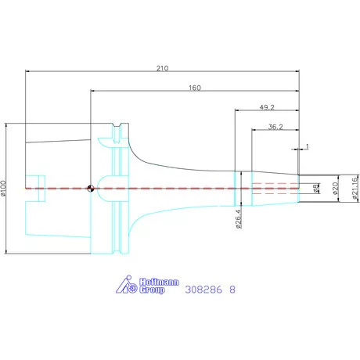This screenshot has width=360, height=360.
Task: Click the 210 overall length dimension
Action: (x=162, y=68)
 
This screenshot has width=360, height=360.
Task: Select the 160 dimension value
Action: (x=195, y=88)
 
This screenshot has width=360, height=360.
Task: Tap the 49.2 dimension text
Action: (x=267, y=107)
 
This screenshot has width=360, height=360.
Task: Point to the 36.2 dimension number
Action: (x=275, y=127)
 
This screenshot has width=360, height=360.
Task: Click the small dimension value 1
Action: (x=307, y=146)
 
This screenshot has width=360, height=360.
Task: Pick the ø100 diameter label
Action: (x=3, y=188)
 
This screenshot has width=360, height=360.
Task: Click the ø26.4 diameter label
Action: (x=239, y=219)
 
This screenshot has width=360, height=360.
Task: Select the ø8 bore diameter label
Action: (x=316, y=189)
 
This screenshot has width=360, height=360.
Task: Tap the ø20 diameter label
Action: (x=336, y=189)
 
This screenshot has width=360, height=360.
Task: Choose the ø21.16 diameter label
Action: (x=355, y=189)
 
